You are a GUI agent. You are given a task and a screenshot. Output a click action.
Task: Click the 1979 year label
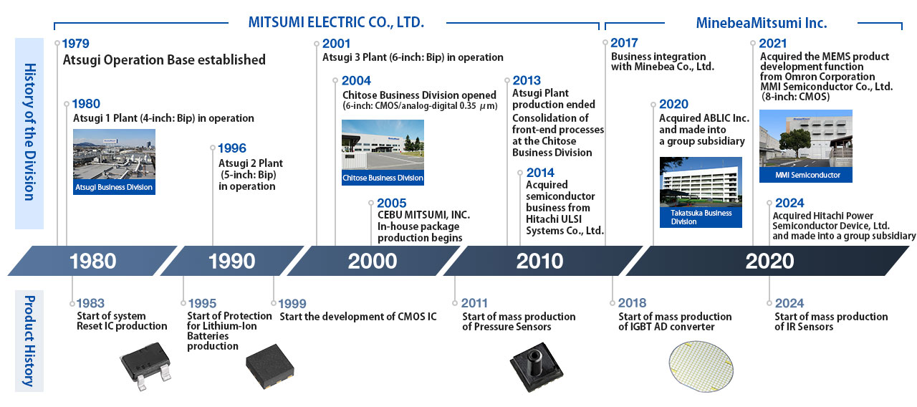coord(76,44)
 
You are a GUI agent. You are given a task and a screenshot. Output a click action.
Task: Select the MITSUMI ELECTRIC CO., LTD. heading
coord(336,22)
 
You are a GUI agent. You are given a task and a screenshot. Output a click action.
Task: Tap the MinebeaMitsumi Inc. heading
coord(762,23)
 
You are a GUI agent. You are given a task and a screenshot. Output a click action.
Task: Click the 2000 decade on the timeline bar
coord(373,261)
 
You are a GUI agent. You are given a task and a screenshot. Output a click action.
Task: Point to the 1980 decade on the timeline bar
coord(93,261)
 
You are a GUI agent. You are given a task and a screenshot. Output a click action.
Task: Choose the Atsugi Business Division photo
coord(114,162)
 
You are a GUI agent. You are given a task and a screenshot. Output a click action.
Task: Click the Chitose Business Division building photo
coord(383,153)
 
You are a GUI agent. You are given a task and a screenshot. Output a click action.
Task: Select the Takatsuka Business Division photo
coord(701,192)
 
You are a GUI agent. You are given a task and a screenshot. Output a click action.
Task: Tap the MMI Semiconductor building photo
coord(806,145)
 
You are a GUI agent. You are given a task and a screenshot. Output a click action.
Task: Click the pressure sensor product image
coord(537,367)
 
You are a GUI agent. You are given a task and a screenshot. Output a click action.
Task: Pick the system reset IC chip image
coord(145,365)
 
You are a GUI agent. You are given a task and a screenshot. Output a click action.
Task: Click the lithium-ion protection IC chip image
coord(270,366)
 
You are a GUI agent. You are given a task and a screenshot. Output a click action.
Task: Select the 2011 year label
coord(474,303)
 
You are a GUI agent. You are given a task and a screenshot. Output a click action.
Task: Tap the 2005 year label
coord(392,203)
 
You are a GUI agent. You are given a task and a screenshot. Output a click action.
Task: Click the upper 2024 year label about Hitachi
coord(789,203)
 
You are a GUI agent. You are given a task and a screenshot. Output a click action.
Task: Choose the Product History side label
coord(29,341)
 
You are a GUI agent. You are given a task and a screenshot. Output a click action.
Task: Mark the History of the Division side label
coord(30,133)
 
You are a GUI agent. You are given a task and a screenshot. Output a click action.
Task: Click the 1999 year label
coord(292,304)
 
